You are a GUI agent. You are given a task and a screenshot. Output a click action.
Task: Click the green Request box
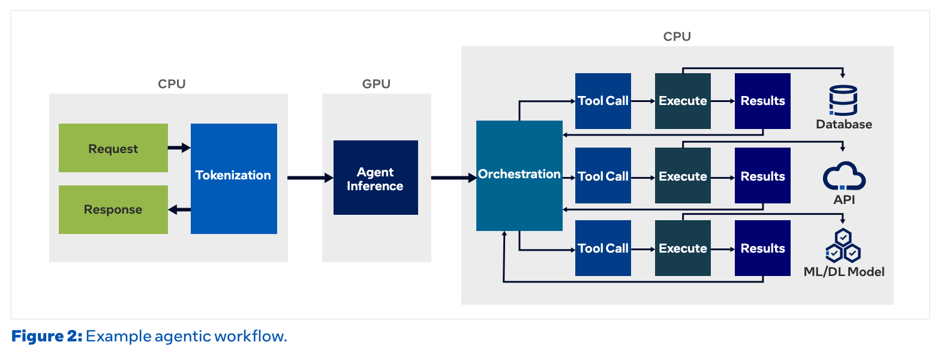pos(113,148)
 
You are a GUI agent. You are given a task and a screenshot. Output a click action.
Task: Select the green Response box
pos(113,209)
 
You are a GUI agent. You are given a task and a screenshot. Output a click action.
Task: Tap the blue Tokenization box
pos(233,179)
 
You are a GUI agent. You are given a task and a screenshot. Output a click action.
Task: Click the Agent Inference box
pos(376,178)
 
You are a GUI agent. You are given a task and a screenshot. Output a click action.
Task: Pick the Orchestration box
pos(519,176)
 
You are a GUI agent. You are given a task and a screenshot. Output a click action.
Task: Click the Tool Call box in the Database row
pos(603,101)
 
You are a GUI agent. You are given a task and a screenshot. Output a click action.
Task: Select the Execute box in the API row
pos(683,176)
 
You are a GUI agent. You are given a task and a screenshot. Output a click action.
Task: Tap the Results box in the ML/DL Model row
pos(762,248)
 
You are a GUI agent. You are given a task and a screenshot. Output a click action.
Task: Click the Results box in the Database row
pos(762,101)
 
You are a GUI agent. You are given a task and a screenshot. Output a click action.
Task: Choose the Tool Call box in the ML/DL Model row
pos(603,248)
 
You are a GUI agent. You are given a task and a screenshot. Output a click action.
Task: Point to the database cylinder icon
pos(843,100)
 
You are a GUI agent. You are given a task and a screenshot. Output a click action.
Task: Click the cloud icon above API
pos(844,176)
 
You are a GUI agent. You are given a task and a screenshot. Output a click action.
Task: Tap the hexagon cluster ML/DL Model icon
pos(843,245)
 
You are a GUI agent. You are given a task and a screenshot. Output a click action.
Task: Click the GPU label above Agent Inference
pos(376,84)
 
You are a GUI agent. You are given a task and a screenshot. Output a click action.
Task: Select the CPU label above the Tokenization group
pos(172,84)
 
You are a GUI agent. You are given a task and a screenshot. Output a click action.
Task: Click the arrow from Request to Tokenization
pos(179,148)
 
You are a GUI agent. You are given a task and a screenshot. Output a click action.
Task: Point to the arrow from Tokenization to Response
pos(179,209)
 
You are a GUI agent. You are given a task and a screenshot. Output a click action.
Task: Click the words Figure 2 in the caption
pos(47,337)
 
